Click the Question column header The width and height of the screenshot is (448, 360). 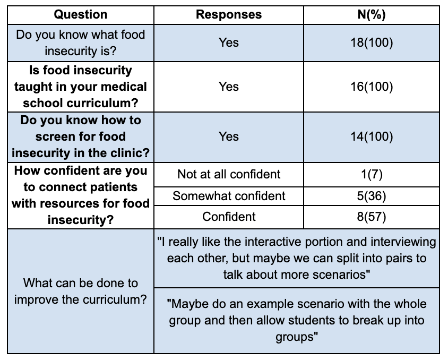pyautogui.click(x=81, y=14)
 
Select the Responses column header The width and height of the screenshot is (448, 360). pyautogui.click(x=229, y=14)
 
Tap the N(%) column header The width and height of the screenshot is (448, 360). pyautogui.click(x=372, y=14)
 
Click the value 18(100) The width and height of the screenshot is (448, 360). pyautogui.click(x=372, y=42)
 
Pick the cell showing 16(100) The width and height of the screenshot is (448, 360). pyautogui.click(x=372, y=87)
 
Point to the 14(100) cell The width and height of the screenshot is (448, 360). pyautogui.click(x=372, y=136)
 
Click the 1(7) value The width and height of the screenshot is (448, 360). pyautogui.click(x=372, y=174)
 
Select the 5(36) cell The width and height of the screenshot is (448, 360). pyautogui.click(x=372, y=196)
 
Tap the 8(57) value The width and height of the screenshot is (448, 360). pyautogui.click(x=372, y=217)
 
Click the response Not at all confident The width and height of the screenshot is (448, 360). pyautogui.click(x=229, y=174)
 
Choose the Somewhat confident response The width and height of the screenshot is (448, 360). pyautogui.click(x=229, y=196)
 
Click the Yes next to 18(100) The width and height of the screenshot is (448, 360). pyautogui.click(x=229, y=42)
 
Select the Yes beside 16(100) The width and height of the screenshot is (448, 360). pyautogui.click(x=229, y=87)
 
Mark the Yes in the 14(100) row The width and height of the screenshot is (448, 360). pyautogui.click(x=229, y=136)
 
